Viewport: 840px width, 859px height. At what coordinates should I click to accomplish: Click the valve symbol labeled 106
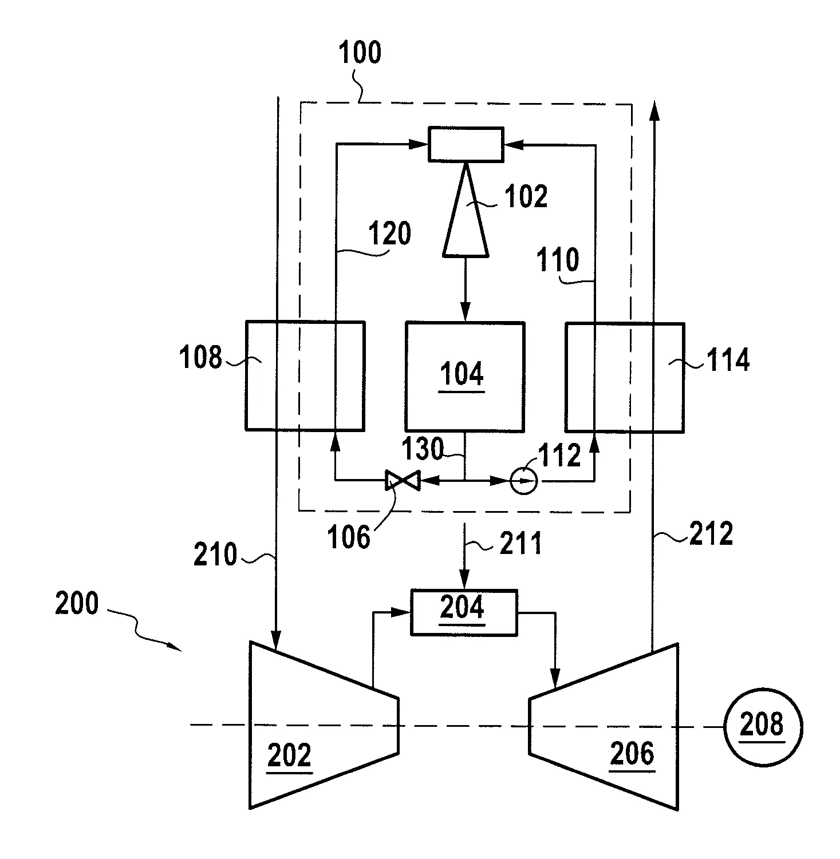point(403,480)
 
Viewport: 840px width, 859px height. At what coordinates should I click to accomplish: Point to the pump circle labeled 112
point(523,481)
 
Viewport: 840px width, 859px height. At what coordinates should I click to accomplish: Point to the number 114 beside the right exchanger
point(728,361)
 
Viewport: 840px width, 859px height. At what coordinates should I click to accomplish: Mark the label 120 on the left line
point(389,233)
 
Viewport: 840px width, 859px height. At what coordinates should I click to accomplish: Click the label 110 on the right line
point(558,260)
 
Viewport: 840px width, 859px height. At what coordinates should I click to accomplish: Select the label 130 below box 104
point(423,449)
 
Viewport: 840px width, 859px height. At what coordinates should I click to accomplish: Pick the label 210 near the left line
point(215,555)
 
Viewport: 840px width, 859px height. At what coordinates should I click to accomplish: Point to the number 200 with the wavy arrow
point(77,603)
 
